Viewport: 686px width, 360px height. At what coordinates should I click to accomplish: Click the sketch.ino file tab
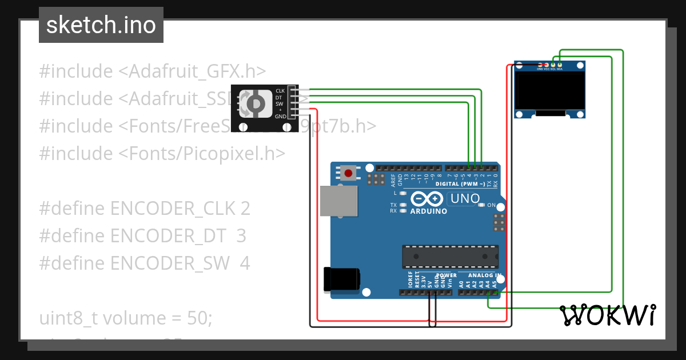[x=101, y=25]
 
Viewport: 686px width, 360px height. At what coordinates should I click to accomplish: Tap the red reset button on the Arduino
[x=348, y=173]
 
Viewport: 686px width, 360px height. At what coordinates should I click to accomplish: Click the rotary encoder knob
[x=255, y=103]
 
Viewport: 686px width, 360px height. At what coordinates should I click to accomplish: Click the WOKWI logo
[x=607, y=315]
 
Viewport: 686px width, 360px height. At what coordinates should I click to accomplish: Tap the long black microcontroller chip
[x=450, y=257]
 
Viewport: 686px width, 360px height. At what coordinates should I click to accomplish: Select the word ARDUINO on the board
[x=429, y=211]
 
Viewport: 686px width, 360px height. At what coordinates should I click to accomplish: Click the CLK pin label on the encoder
[x=280, y=91]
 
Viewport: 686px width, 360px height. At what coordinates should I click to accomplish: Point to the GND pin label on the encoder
[x=280, y=117]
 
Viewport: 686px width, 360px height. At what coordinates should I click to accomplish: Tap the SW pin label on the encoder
[x=280, y=104]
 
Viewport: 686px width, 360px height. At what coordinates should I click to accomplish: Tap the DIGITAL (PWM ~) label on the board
[x=460, y=184]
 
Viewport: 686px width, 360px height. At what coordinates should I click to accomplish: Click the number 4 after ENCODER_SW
[x=245, y=263]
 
